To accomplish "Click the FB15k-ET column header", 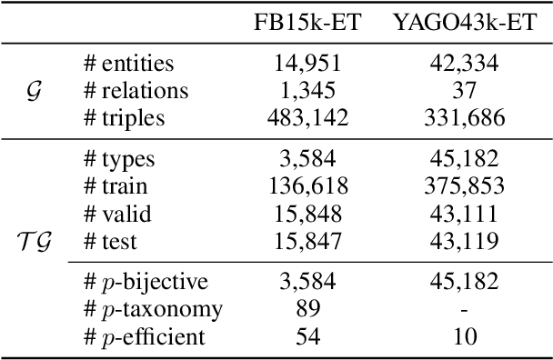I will [x=307, y=24].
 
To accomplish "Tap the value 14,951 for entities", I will [x=307, y=63].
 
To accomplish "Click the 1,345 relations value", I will [x=307, y=90].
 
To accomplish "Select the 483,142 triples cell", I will [x=307, y=117].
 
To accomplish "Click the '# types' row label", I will [x=117, y=160].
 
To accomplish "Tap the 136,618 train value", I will [x=307, y=186].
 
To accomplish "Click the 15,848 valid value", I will [x=307, y=214].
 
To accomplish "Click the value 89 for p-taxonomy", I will [x=307, y=310].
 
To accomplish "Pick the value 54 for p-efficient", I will [x=307, y=337].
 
